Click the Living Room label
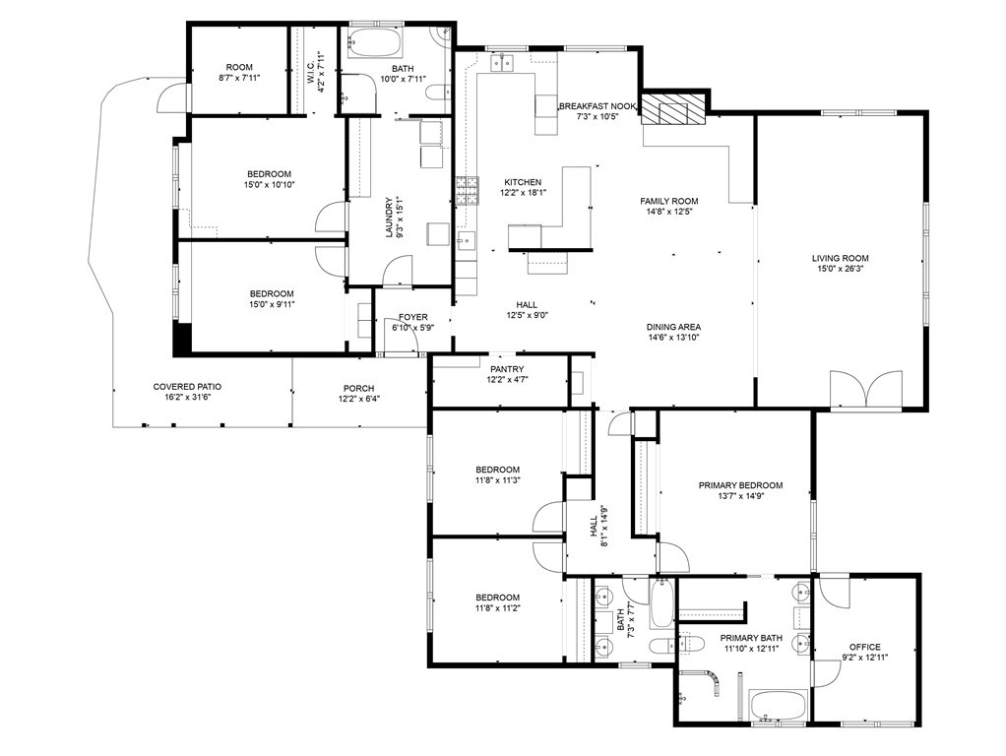(840, 258)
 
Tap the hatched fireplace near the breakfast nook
(674, 109)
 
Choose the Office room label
(864, 647)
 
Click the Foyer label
(412, 317)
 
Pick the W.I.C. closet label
(310, 72)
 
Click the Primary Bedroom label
(740, 485)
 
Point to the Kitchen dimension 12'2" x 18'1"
(522, 194)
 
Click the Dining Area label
(673, 327)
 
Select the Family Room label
(668, 200)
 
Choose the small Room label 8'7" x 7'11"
(239, 67)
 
